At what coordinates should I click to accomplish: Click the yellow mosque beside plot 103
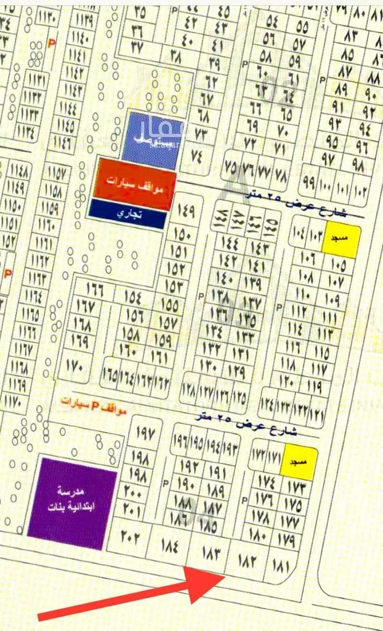point(341,238)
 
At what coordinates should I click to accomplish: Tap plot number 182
point(245,560)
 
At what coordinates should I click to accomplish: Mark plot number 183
point(209,554)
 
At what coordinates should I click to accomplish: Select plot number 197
point(146,435)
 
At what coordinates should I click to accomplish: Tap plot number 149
point(185,210)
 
